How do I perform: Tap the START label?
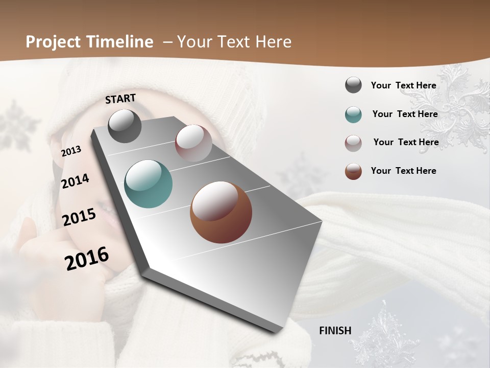[120, 99]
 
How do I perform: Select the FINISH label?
[335, 331]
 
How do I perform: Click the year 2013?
[71, 151]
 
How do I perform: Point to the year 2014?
[75, 181]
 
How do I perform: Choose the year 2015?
[79, 217]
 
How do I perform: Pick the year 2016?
[87, 259]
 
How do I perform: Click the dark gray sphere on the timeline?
[125, 126]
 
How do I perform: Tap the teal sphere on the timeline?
[149, 184]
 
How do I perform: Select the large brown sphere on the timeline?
[221, 212]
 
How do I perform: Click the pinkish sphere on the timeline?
[193, 143]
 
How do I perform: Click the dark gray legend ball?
[353, 85]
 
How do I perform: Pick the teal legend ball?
[353, 114]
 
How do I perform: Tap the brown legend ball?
[353, 171]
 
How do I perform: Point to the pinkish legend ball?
[353, 143]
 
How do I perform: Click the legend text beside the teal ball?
[405, 114]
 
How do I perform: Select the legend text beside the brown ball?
[404, 171]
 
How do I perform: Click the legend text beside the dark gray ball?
[404, 85]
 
